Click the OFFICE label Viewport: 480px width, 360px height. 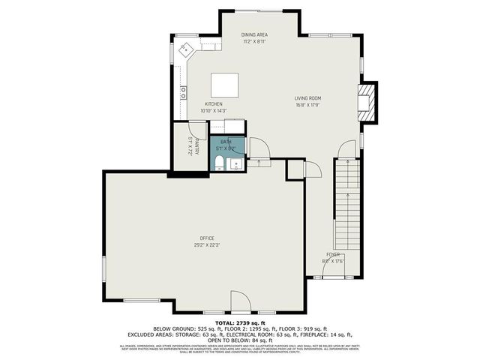tap(207, 238)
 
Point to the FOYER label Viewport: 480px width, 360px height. tap(333, 255)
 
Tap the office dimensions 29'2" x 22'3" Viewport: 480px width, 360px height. tap(207, 244)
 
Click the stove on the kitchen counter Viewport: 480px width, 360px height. tap(184, 93)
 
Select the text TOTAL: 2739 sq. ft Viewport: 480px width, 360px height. tap(239, 322)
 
